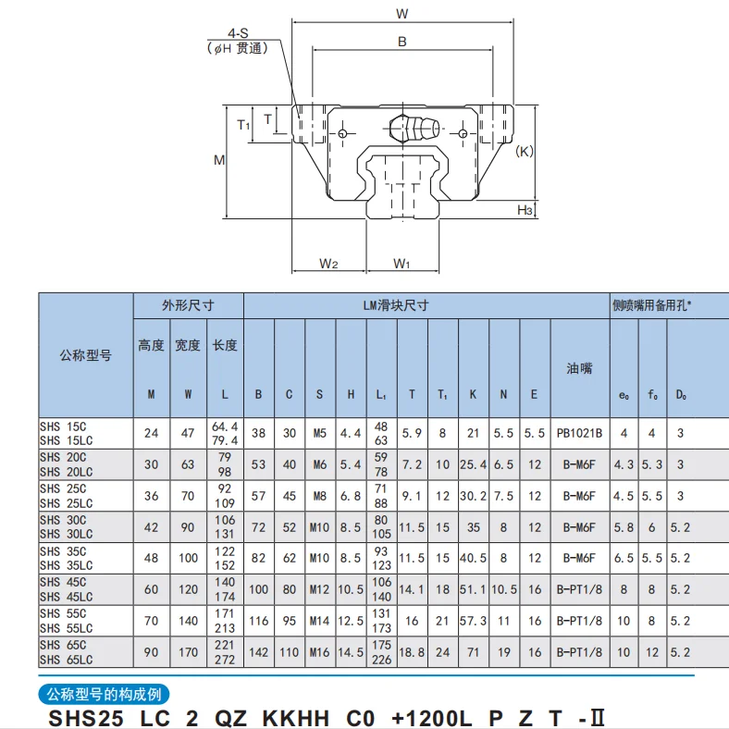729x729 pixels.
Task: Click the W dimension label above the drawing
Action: point(402,13)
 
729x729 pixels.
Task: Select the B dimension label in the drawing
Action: point(402,42)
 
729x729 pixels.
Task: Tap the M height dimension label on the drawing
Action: point(219,160)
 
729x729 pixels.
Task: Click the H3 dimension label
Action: point(525,211)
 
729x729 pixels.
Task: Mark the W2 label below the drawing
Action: point(328,264)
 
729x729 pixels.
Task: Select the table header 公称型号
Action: point(85,355)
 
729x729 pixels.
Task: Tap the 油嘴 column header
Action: point(579,368)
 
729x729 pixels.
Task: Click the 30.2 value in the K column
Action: point(473,496)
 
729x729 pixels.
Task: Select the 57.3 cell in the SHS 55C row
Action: point(473,621)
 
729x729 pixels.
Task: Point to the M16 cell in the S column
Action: point(319,652)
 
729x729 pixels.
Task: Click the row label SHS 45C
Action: point(63,582)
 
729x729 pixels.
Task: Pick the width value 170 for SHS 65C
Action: point(188,652)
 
